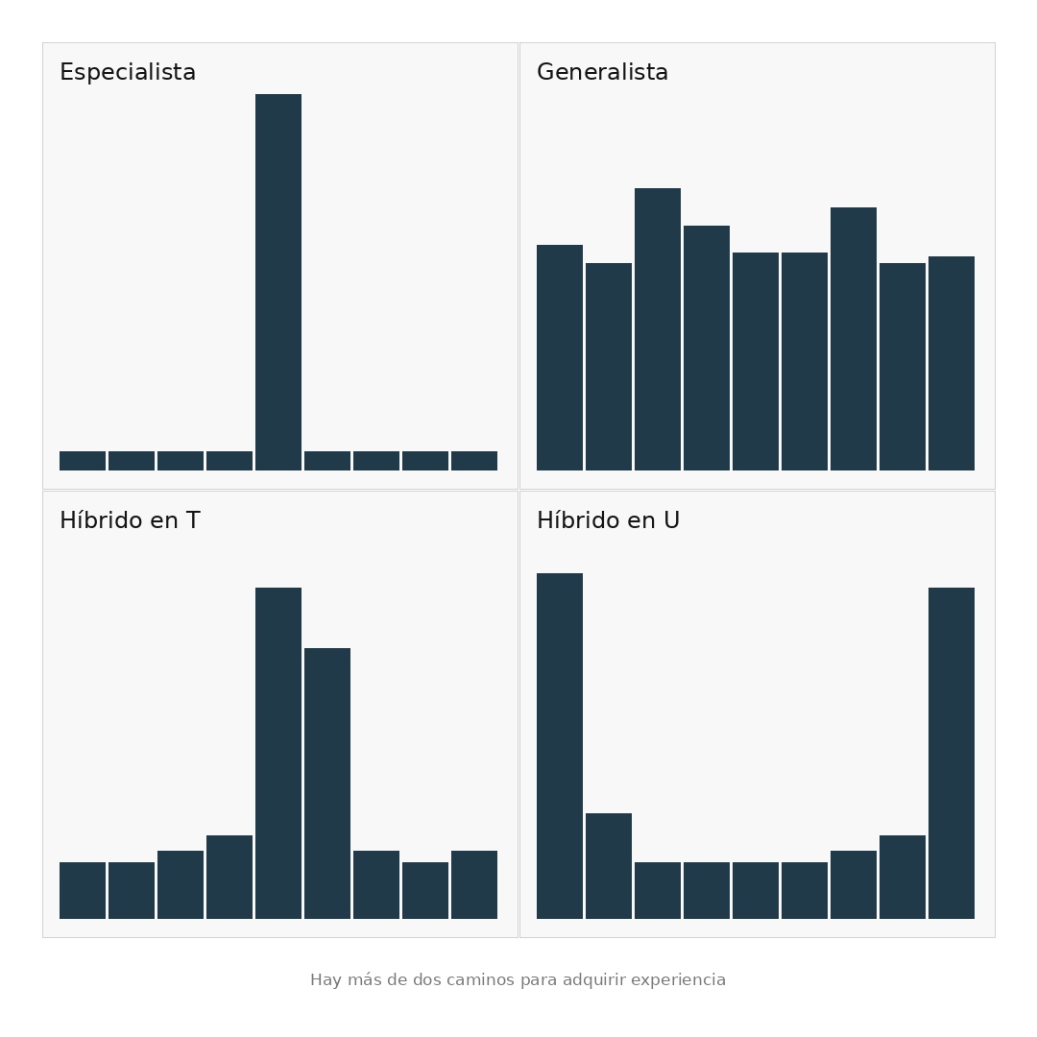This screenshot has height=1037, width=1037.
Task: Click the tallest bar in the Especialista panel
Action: [278, 282]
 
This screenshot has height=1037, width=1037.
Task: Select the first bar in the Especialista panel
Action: [83, 461]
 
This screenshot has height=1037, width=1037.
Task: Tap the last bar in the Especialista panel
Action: [474, 461]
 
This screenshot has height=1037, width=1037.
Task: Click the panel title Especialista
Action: [128, 71]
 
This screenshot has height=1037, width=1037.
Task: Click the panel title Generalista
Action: [602, 71]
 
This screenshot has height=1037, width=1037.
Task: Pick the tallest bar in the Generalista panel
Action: [658, 329]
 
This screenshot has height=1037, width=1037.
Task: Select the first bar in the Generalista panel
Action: [560, 358]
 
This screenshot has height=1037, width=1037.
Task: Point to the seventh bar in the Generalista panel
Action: [854, 339]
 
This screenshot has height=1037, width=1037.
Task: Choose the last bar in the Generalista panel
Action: [952, 364]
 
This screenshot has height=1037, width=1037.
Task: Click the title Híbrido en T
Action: [130, 519]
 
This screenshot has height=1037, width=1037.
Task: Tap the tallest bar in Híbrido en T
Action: [278, 754]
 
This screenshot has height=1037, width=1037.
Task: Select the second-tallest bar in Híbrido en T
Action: [327, 784]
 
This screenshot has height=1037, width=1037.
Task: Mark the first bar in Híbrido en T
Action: [83, 891]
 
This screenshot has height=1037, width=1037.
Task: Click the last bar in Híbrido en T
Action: [474, 885]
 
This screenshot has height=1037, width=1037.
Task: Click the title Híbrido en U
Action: [609, 519]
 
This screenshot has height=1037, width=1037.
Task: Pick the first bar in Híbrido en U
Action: [560, 746]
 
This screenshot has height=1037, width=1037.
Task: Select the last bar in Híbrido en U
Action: [952, 754]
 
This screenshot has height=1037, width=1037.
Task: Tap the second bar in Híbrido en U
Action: [609, 866]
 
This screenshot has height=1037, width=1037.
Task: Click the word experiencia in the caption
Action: [678, 980]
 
